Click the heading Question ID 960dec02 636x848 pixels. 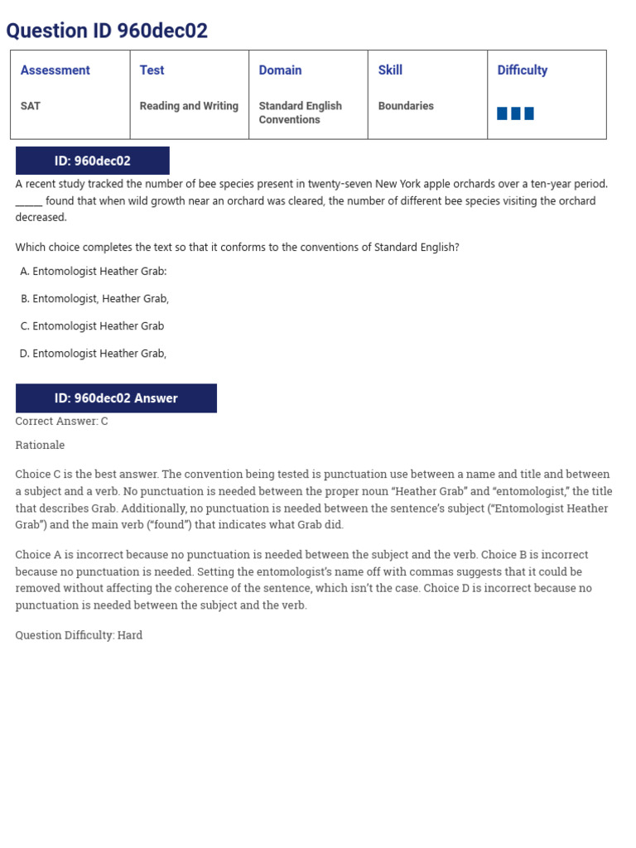107,31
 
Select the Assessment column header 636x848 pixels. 55,70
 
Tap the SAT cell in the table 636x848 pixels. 31,106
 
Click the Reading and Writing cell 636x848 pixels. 189,106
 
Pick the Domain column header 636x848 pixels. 280,70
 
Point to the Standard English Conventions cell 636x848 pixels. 300,113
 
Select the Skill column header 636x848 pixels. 390,70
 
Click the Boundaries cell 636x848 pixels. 406,106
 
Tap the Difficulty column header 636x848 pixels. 522,70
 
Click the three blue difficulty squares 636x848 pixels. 515,113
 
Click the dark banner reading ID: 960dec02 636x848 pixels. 93,161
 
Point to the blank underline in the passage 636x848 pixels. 28,202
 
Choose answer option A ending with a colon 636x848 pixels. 94,272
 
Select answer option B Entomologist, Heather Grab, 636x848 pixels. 95,299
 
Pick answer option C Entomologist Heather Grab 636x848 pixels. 93,326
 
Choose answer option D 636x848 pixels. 94,354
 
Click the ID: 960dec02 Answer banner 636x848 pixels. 116,398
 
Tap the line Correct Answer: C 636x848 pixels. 62,422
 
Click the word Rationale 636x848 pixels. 40,446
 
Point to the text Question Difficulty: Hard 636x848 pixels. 79,635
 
